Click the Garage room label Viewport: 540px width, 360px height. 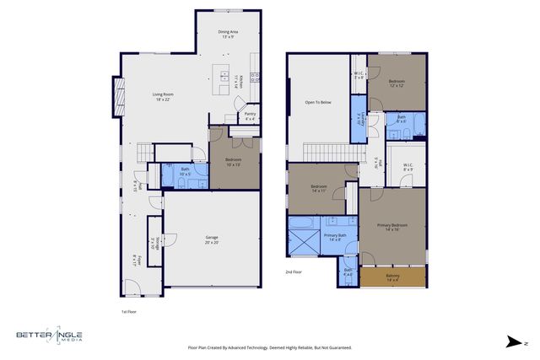(211, 239)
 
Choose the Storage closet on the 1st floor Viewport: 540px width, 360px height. (154, 243)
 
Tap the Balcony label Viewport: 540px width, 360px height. (393, 277)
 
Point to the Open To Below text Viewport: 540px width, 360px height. (317, 103)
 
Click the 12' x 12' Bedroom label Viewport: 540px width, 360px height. (397, 83)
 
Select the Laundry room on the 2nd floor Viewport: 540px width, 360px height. (358, 121)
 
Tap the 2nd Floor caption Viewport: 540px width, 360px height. (294, 272)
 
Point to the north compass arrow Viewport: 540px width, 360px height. (513, 341)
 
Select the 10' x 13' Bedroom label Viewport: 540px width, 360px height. (233, 160)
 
